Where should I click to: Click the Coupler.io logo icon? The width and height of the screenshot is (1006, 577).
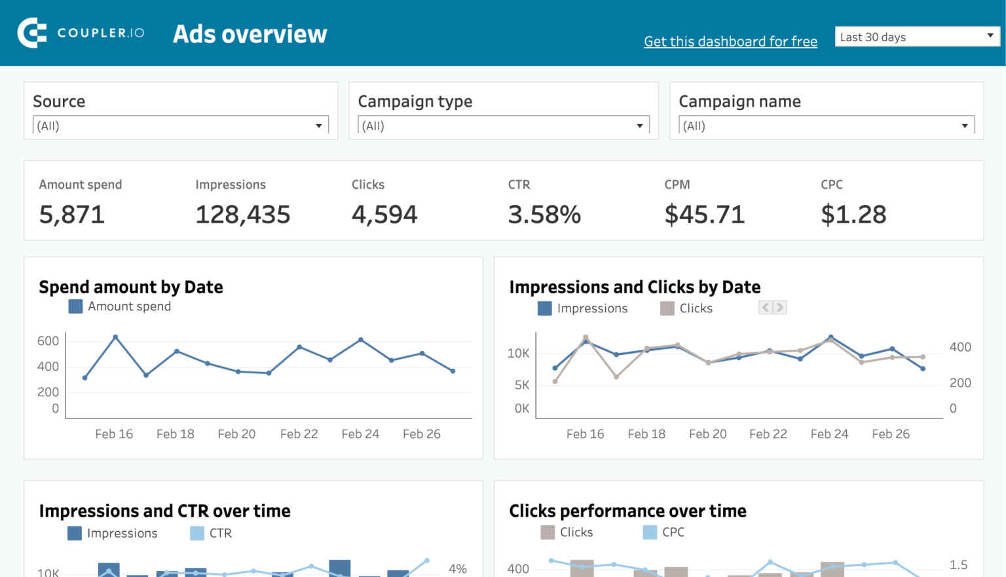pos(32,33)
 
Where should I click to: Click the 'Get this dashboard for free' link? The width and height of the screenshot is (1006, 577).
pos(730,42)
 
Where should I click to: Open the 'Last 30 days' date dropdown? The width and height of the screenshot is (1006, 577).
pos(917,37)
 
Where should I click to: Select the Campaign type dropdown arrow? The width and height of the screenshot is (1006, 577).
pos(639,126)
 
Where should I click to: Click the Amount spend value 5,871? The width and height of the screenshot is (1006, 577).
pos(72,215)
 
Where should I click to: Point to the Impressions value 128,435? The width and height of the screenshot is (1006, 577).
pos(242,215)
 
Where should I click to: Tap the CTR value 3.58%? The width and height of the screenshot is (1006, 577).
pos(544,215)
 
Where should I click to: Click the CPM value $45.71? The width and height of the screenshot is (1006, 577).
pos(704,215)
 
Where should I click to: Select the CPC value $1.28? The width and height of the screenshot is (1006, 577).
pos(853,215)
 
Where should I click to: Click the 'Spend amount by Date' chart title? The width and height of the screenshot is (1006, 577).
pos(131,288)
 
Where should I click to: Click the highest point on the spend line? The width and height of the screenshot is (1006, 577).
pos(115,337)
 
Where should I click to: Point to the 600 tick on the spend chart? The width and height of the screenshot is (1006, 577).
pos(48,341)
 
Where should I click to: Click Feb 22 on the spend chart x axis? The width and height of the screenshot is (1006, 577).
pos(299,434)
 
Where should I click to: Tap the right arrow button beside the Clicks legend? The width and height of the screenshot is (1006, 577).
pos(779,307)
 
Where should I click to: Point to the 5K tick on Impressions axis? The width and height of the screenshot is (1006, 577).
pos(521,385)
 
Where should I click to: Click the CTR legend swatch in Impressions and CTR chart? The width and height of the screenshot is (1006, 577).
pos(197,533)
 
